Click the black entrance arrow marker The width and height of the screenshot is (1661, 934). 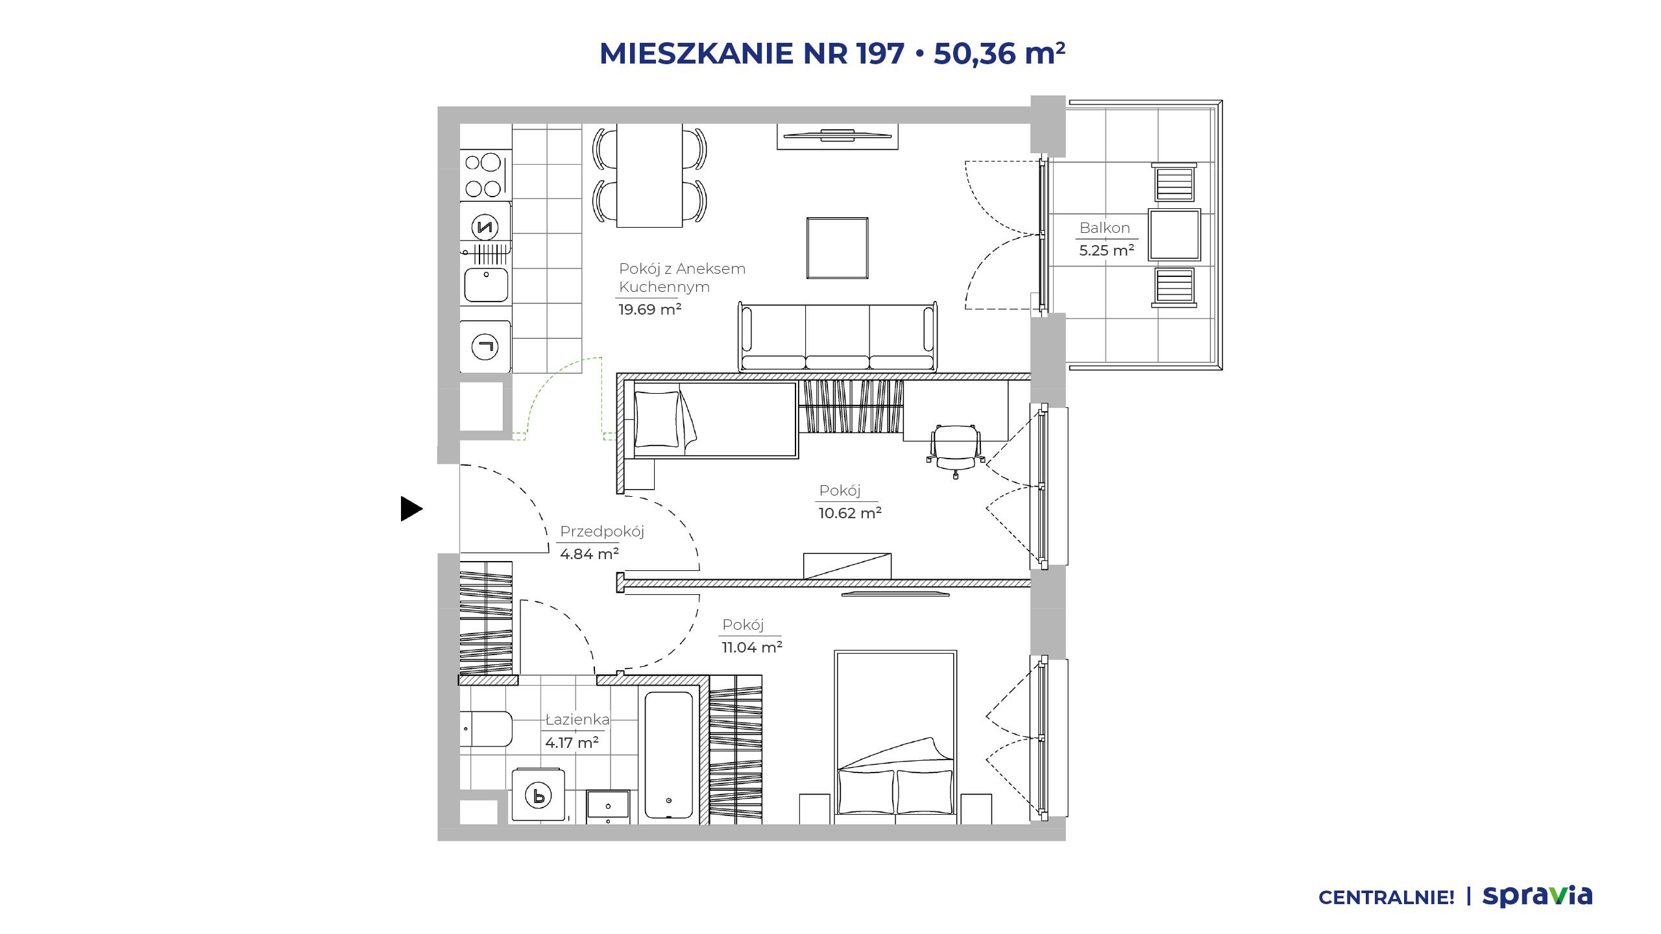pos(411,509)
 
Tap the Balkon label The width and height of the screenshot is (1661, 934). pos(1104,228)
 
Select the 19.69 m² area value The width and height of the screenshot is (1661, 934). pos(649,309)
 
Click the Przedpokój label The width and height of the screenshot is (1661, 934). pos(601,532)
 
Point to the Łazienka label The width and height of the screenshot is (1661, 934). pos(577,719)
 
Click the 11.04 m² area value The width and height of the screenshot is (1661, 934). pos(752,647)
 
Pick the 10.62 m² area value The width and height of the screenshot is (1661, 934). pos(850,513)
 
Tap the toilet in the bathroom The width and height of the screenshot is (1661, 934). pos(486,730)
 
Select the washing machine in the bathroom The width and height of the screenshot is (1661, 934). pos(538,795)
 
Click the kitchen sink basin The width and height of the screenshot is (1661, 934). pos(486,285)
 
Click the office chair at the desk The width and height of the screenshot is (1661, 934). pos(954,449)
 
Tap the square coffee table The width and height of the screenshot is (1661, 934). pos(838,248)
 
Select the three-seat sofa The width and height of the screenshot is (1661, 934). pos(838,337)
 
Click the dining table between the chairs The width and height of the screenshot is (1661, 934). pos(649,175)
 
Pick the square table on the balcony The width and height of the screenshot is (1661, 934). pos(1174,235)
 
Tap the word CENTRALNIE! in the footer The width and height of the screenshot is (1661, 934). pos(1387,898)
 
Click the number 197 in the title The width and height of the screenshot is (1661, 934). pos(880,53)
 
